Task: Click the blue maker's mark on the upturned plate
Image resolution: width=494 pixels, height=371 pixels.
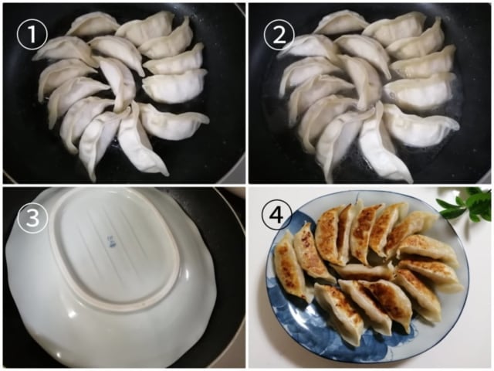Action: [x=111, y=243]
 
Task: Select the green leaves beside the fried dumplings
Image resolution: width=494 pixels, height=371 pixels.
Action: [x=467, y=205]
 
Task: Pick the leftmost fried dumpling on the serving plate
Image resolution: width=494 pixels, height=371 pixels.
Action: [x=289, y=267]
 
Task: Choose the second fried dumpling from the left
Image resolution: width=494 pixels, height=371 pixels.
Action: [x=312, y=252]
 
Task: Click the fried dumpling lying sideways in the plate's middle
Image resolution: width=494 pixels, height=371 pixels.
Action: [x=363, y=271]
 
